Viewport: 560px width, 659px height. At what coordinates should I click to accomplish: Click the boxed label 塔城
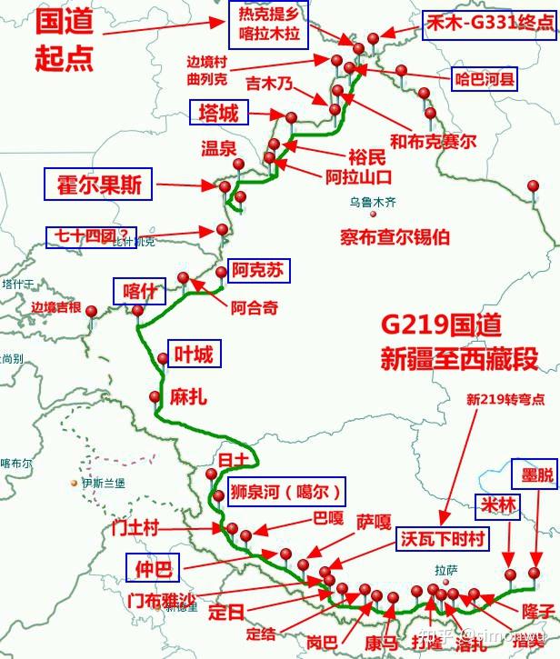pyautogui.click(x=219, y=113)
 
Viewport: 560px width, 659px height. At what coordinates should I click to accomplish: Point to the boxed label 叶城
pyautogui.click(x=194, y=354)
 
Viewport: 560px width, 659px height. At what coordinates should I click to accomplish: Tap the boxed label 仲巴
pyautogui.click(x=153, y=569)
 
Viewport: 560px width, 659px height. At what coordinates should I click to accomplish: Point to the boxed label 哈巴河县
pyautogui.click(x=485, y=80)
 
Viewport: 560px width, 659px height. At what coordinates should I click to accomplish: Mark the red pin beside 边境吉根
pyautogui.click(x=92, y=312)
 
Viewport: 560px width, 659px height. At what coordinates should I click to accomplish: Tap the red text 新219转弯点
pyautogui.click(x=505, y=399)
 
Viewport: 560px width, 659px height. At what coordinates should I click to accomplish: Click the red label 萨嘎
pyautogui.click(x=373, y=523)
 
